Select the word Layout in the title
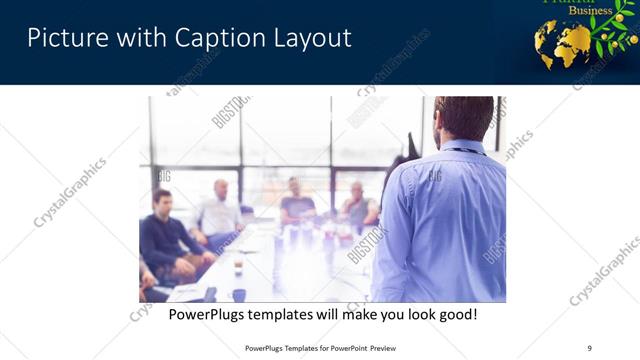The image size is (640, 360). coord(311,38)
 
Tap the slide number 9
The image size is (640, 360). coord(589,348)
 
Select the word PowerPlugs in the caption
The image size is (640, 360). coord(209,315)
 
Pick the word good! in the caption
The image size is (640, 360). coord(456,315)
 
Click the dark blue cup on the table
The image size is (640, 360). coord(239,294)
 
